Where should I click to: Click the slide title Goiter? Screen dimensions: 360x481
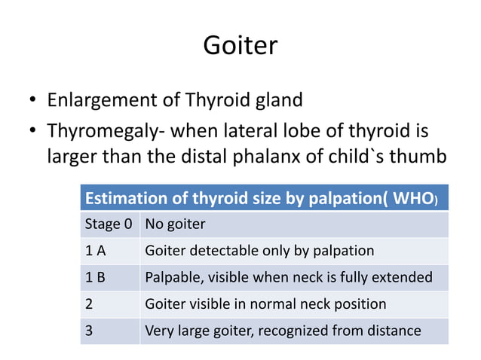[x=240, y=47]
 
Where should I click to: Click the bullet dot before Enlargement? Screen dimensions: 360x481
[x=33, y=101]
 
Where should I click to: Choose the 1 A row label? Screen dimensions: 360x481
[x=95, y=251]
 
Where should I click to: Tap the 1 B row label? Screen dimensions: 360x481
[x=95, y=277]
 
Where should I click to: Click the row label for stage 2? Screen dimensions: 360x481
[x=89, y=304]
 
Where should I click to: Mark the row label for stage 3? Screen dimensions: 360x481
[x=89, y=330]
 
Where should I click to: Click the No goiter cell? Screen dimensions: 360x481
[x=175, y=224]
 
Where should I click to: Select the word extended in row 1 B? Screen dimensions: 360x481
[x=405, y=277]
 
